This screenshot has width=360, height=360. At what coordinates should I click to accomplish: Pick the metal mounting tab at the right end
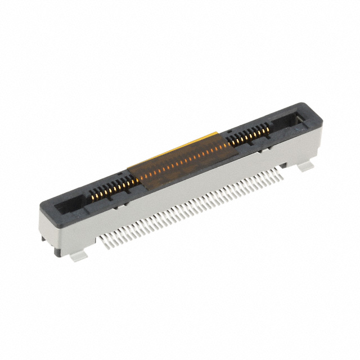(x=306, y=166)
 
